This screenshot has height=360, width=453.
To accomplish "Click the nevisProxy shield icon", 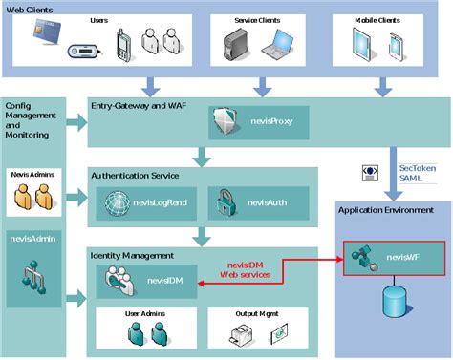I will pyautogui.click(x=221, y=121).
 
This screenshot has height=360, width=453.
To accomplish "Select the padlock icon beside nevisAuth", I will pyautogui.click(x=224, y=201).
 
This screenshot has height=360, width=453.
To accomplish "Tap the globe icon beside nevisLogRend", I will pyautogui.click(x=118, y=201).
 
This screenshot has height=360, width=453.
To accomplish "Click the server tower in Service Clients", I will pyautogui.click(x=236, y=43).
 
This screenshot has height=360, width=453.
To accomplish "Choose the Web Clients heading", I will pyautogui.click(x=31, y=9).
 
